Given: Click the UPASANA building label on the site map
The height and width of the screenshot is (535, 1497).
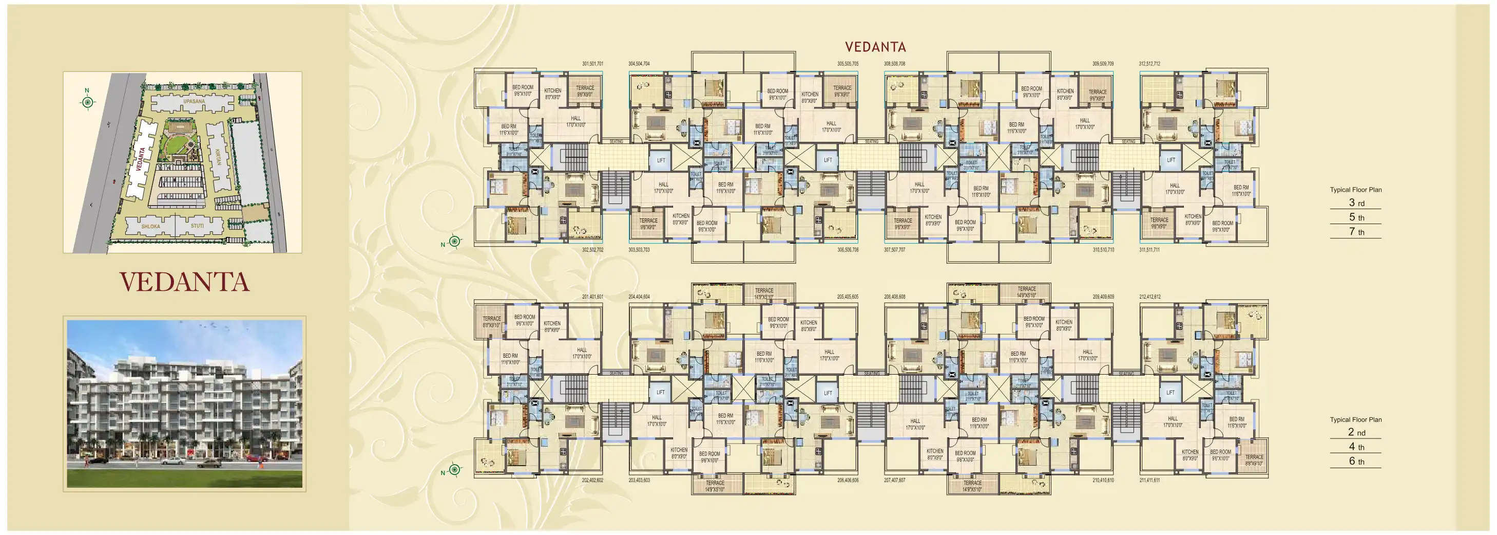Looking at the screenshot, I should (x=194, y=101).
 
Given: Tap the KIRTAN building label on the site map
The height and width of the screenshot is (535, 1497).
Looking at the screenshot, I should (x=218, y=157).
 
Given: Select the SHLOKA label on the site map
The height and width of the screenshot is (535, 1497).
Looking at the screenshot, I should (x=150, y=226).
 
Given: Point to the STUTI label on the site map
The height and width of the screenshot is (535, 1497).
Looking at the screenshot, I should (x=198, y=226).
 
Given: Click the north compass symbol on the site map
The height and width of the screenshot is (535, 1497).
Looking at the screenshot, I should (x=87, y=102).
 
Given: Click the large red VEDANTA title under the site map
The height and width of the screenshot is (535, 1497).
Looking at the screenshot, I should (x=184, y=282).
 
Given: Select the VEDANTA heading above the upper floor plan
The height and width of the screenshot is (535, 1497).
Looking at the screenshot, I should (x=875, y=47).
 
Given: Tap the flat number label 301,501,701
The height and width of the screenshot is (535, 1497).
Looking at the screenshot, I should (x=592, y=64).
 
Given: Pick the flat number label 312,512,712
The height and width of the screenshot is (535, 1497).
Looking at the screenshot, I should (x=1149, y=64).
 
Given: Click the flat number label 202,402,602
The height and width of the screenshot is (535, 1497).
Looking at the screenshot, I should (x=592, y=481).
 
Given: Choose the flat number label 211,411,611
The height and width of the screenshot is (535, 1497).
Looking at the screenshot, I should (x=1149, y=481).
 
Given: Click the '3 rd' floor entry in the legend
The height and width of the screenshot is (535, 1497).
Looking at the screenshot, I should (x=1356, y=203).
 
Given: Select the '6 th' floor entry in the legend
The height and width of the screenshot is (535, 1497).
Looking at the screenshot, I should (x=1356, y=461).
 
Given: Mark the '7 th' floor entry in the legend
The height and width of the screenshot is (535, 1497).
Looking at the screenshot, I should (x=1356, y=231).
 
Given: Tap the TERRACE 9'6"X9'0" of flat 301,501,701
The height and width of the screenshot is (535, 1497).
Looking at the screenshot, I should (x=585, y=91).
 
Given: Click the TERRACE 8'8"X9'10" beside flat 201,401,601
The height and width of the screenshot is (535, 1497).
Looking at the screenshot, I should (x=491, y=322).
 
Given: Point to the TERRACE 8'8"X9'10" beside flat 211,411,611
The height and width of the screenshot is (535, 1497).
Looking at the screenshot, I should (x=1254, y=460).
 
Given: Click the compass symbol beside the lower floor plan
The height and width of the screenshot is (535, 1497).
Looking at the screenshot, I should (x=454, y=470).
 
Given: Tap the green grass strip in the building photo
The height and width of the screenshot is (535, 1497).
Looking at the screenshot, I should (x=184, y=477).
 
